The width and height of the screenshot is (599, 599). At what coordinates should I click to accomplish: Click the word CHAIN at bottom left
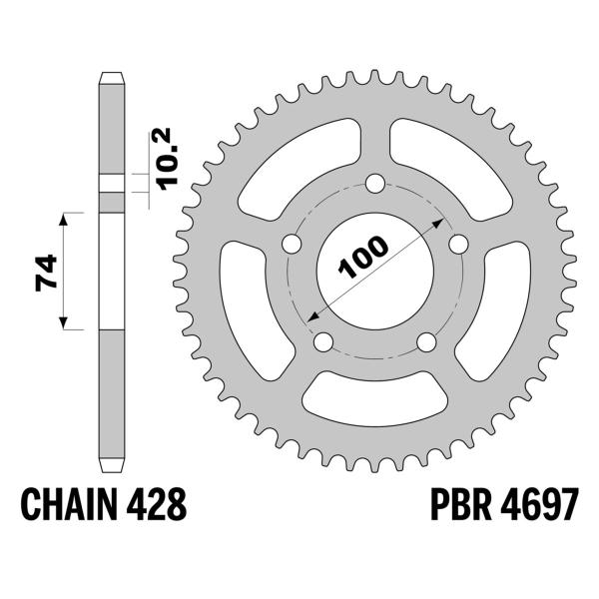click(69, 504)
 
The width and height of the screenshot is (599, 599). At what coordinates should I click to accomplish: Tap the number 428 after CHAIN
click(157, 504)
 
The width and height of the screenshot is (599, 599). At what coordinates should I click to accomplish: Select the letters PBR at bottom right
click(460, 504)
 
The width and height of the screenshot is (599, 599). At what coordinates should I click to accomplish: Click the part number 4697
click(539, 504)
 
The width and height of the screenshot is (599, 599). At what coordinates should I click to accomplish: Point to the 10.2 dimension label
click(167, 159)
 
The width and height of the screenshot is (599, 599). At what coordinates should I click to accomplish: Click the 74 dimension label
click(46, 273)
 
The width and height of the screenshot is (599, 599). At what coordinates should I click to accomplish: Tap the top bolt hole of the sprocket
click(374, 184)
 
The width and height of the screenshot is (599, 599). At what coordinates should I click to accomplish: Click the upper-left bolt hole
click(292, 244)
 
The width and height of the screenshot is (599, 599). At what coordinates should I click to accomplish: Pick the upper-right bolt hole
click(458, 244)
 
